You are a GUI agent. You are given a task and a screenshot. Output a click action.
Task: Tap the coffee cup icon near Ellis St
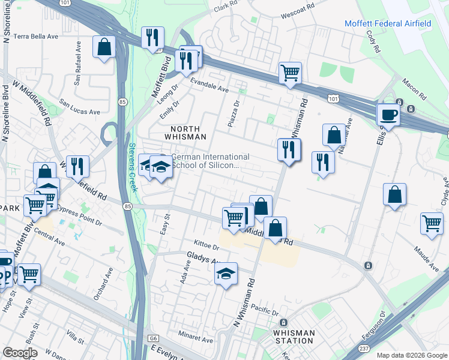(388, 115)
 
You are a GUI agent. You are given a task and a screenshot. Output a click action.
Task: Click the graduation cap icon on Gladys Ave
(226, 274)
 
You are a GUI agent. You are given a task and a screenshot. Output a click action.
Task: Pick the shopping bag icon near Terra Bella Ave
(104, 47)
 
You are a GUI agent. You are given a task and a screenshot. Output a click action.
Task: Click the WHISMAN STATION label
(294, 337)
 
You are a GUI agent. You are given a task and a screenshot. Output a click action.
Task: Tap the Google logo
(20, 352)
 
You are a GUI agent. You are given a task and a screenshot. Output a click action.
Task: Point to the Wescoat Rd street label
(301, 9)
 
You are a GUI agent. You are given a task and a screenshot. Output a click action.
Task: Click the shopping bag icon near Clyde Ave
(394, 194)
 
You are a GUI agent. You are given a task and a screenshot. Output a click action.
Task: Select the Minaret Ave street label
(199, 339)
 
